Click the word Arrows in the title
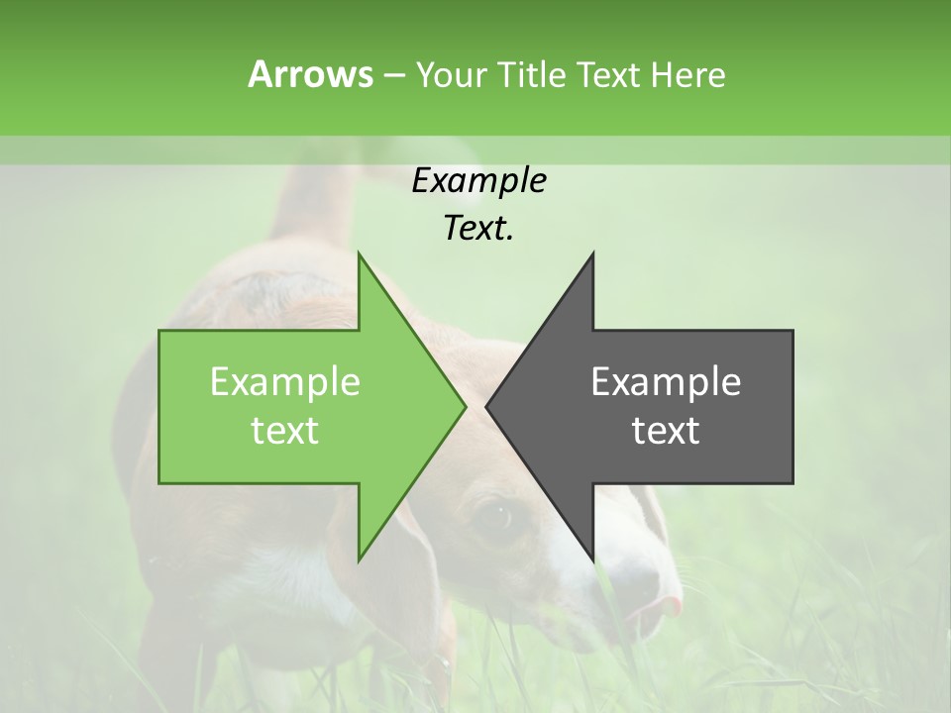(x=310, y=74)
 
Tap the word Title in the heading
(x=531, y=74)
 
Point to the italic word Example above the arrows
(x=478, y=180)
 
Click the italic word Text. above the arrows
(x=478, y=228)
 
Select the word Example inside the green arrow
(x=285, y=381)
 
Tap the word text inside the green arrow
(x=285, y=430)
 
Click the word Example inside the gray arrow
(x=666, y=381)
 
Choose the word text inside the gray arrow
(x=666, y=430)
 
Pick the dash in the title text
(x=393, y=75)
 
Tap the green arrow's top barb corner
(x=360, y=255)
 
